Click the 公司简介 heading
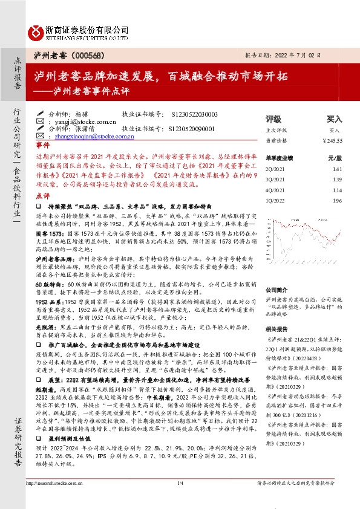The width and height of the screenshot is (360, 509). (277, 290)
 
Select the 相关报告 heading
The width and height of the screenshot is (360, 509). (277, 329)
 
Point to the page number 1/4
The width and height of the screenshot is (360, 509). (180, 501)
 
